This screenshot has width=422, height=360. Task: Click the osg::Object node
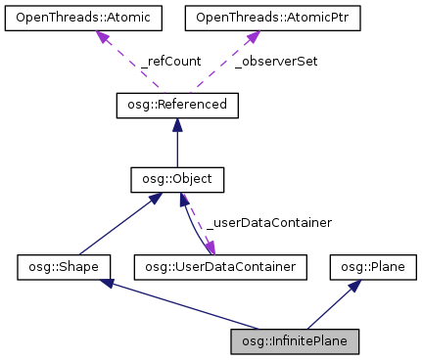coord(176,180)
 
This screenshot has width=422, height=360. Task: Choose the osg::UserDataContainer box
coord(221,265)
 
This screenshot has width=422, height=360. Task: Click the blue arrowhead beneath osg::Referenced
coord(176,122)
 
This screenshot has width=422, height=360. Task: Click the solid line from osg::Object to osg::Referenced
coord(176,147)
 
